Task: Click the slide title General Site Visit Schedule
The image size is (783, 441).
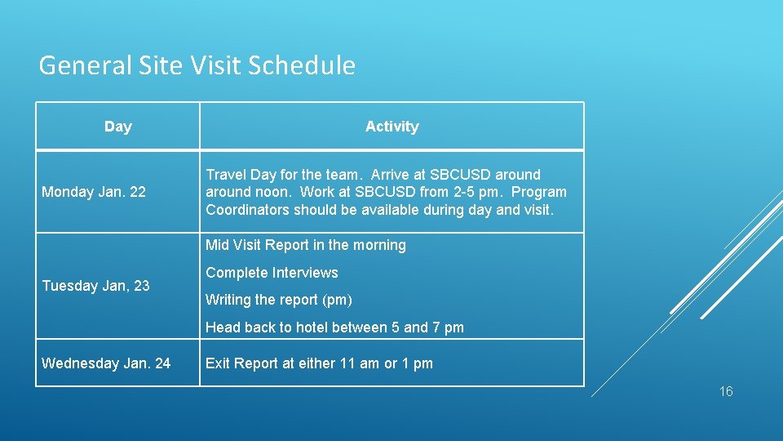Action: pyautogui.click(x=197, y=65)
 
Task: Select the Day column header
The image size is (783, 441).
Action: pyautogui.click(x=118, y=127)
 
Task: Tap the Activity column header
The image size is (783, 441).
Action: pyautogui.click(x=391, y=127)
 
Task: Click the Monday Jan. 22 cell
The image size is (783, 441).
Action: pyautogui.click(x=94, y=192)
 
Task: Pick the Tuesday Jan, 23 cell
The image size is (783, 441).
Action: pyautogui.click(x=95, y=286)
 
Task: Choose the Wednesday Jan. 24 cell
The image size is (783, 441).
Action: pyautogui.click(x=106, y=363)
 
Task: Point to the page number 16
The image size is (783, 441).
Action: pyautogui.click(x=726, y=392)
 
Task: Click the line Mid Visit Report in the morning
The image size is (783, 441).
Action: pyautogui.click(x=306, y=245)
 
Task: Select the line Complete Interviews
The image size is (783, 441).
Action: pyautogui.click(x=272, y=273)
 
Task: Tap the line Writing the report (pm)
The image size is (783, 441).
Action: pyautogui.click(x=279, y=300)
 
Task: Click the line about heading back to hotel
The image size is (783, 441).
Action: pyautogui.click(x=334, y=327)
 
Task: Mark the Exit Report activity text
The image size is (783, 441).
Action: pyautogui.click(x=319, y=363)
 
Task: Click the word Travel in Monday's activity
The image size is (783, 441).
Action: pyautogui.click(x=226, y=175)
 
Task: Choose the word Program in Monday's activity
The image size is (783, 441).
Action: pyautogui.click(x=539, y=193)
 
